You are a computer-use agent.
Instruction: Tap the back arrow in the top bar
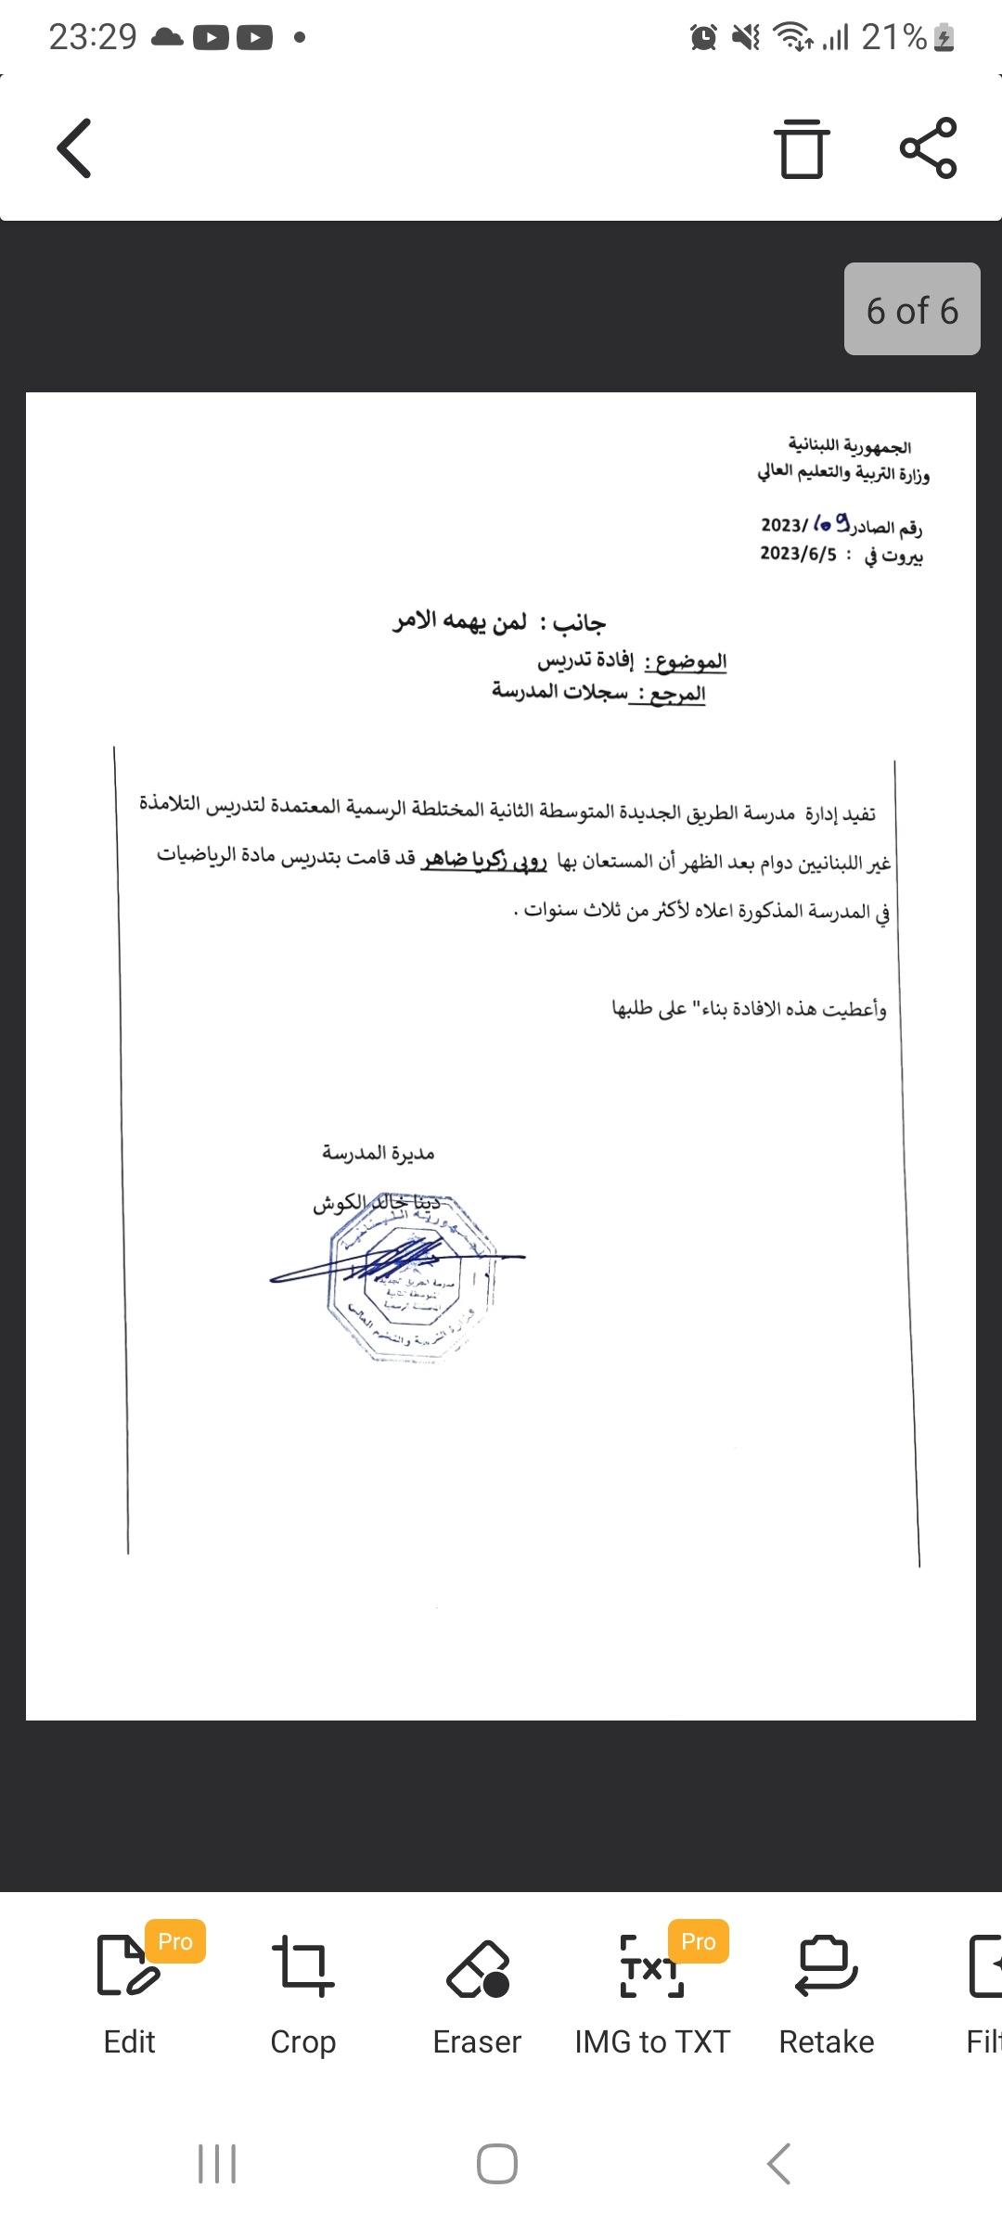(75, 148)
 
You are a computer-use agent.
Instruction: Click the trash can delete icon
(802, 148)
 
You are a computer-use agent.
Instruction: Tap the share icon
(928, 148)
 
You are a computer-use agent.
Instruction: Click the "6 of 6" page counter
(912, 310)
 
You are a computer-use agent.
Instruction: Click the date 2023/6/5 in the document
(798, 554)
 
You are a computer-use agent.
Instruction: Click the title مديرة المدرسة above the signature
(379, 1153)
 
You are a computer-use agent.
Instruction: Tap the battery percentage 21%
(893, 37)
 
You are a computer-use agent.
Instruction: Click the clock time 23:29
(93, 37)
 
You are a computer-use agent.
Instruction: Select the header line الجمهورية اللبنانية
(849, 447)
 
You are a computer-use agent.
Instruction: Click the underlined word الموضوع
(689, 661)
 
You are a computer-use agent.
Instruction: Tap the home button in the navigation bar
(497, 2164)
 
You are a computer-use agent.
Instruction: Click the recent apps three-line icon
(217, 2164)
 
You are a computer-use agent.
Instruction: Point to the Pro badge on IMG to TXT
(699, 1941)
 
